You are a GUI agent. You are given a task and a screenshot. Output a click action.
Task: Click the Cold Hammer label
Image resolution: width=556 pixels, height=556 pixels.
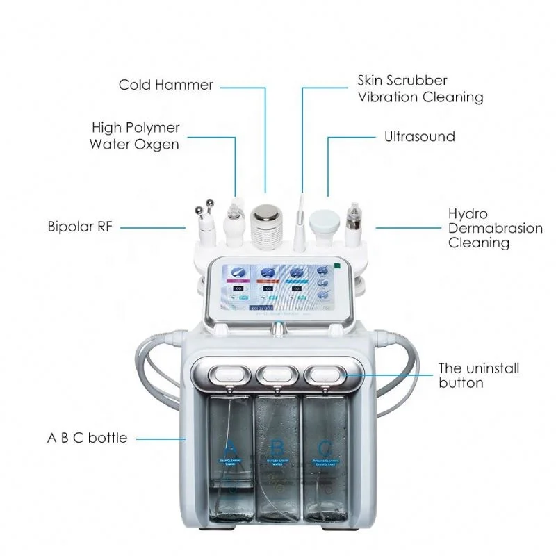pyautogui.click(x=165, y=85)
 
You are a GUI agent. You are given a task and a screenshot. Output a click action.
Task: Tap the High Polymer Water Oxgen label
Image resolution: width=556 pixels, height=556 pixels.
pyautogui.click(x=135, y=136)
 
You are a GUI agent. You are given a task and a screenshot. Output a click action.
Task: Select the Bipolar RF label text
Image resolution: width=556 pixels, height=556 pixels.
pyautogui.click(x=80, y=227)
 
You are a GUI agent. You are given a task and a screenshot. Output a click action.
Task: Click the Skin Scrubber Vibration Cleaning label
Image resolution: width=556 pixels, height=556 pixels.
pyautogui.click(x=420, y=89)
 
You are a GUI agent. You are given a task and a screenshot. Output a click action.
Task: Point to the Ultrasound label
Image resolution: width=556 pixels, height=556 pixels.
pyautogui.click(x=419, y=136)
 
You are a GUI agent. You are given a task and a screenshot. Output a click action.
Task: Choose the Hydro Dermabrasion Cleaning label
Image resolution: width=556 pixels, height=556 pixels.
pyautogui.click(x=495, y=228)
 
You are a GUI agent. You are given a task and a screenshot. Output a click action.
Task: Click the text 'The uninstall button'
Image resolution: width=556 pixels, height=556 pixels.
pyautogui.click(x=478, y=375)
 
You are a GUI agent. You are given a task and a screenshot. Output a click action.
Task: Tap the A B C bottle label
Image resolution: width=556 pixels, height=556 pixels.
pyautogui.click(x=87, y=438)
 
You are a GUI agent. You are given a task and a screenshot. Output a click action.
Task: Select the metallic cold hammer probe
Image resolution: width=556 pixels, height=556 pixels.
pyautogui.click(x=265, y=222)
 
